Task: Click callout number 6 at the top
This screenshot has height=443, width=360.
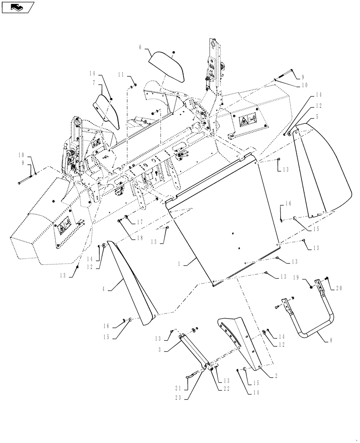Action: point(140,47)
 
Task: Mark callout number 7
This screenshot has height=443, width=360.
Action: point(94,83)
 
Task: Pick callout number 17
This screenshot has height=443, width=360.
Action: point(140,222)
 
